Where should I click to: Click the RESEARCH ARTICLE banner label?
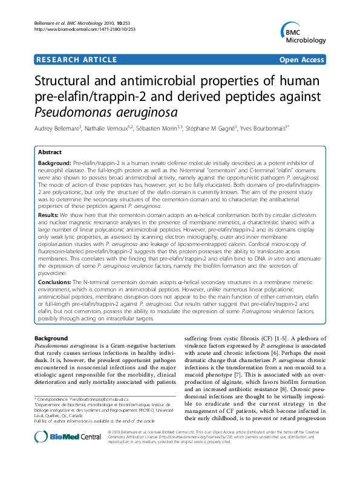coord(76,60)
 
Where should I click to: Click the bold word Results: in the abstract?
coord(48,215)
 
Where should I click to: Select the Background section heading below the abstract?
coord(52,337)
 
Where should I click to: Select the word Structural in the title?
coord(65,82)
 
